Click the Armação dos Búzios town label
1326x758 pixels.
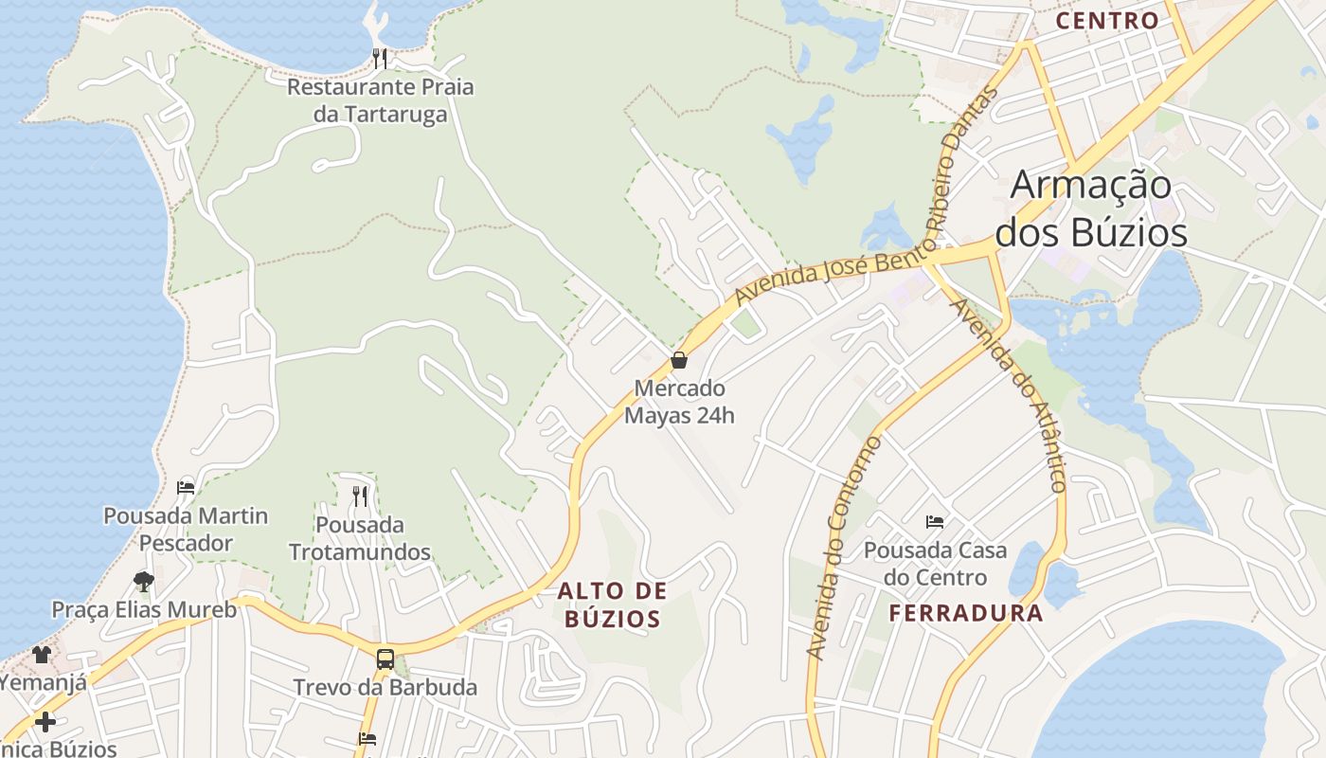(x=1090, y=208)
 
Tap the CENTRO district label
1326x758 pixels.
(x=1106, y=21)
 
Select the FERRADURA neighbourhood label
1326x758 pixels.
(x=966, y=612)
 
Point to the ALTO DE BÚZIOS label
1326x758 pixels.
(x=612, y=605)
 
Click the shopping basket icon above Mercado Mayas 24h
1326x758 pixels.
(x=678, y=360)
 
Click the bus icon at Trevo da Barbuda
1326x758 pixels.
(x=385, y=659)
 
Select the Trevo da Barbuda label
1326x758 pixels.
(x=385, y=688)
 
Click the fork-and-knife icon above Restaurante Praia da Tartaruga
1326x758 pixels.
(x=380, y=59)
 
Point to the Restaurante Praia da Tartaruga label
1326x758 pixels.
(x=380, y=100)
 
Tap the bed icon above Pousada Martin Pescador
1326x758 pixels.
(x=186, y=488)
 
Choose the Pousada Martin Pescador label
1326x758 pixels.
(x=186, y=530)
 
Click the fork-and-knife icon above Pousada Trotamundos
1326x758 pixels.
(x=360, y=496)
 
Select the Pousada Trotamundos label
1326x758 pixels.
(x=360, y=538)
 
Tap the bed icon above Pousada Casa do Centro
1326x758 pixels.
(x=935, y=521)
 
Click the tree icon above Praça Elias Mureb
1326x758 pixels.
(x=144, y=581)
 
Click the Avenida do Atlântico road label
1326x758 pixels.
(x=1011, y=394)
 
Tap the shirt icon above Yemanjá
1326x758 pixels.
(x=42, y=654)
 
